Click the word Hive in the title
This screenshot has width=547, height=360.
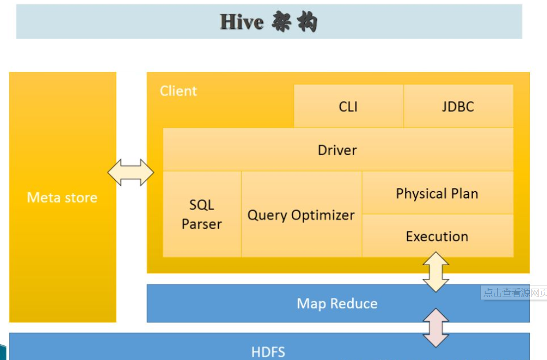242,22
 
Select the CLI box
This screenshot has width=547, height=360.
348,107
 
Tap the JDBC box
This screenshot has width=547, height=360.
458,107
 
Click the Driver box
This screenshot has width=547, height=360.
338,150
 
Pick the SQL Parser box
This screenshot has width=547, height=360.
202,215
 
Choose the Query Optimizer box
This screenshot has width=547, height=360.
301,215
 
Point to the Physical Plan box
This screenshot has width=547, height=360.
437,193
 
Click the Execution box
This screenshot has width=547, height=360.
437,237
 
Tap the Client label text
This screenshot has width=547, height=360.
178,91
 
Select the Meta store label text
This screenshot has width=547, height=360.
62,198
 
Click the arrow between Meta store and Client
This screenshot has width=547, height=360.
131,172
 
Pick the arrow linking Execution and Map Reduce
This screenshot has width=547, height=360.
436,272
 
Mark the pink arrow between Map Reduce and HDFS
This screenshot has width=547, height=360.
436,328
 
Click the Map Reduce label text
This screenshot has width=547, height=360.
337,304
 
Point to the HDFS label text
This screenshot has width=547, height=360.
268,352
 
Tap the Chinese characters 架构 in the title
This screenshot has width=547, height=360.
294,22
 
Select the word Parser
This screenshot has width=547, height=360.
202,225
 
